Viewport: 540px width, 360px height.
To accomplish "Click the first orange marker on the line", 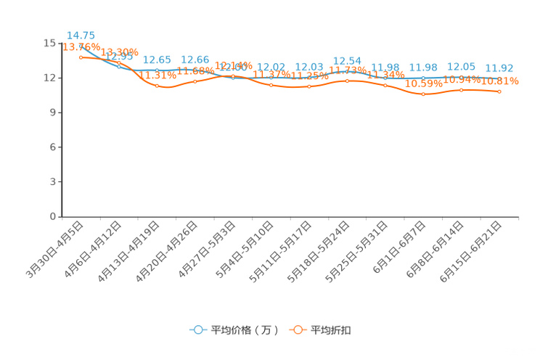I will pyautogui.click(x=81, y=57).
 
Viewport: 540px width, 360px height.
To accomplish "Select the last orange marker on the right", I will pyautogui.click(x=499, y=91).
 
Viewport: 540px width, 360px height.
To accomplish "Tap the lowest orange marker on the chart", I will pyautogui.click(x=423, y=94).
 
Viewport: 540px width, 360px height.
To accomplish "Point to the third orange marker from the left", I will pyautogui.click(x=157, y=86).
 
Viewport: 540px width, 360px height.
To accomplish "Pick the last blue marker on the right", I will pyautogui.click(x=499, y=78).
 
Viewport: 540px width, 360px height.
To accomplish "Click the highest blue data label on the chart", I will pyautogui.click(x=81, y=35).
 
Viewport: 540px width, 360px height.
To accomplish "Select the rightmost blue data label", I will pyautogui.click(x=499, y=67).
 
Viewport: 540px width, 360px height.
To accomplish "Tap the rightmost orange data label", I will pyautogui.click(x=501, y=81).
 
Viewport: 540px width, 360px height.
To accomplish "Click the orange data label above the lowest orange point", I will pyautogui.click(x=424, y=83).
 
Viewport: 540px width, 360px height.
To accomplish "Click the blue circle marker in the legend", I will pyautogui.click(x=197, y=330).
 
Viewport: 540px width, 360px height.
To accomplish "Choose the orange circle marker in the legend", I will pyautogui.click(x=298, y=330).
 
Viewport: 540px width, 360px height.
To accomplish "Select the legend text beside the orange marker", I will pyautogui.click(x=332, y=330).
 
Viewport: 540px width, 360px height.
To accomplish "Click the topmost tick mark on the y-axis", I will pyautogui.click(x=60, y=43).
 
